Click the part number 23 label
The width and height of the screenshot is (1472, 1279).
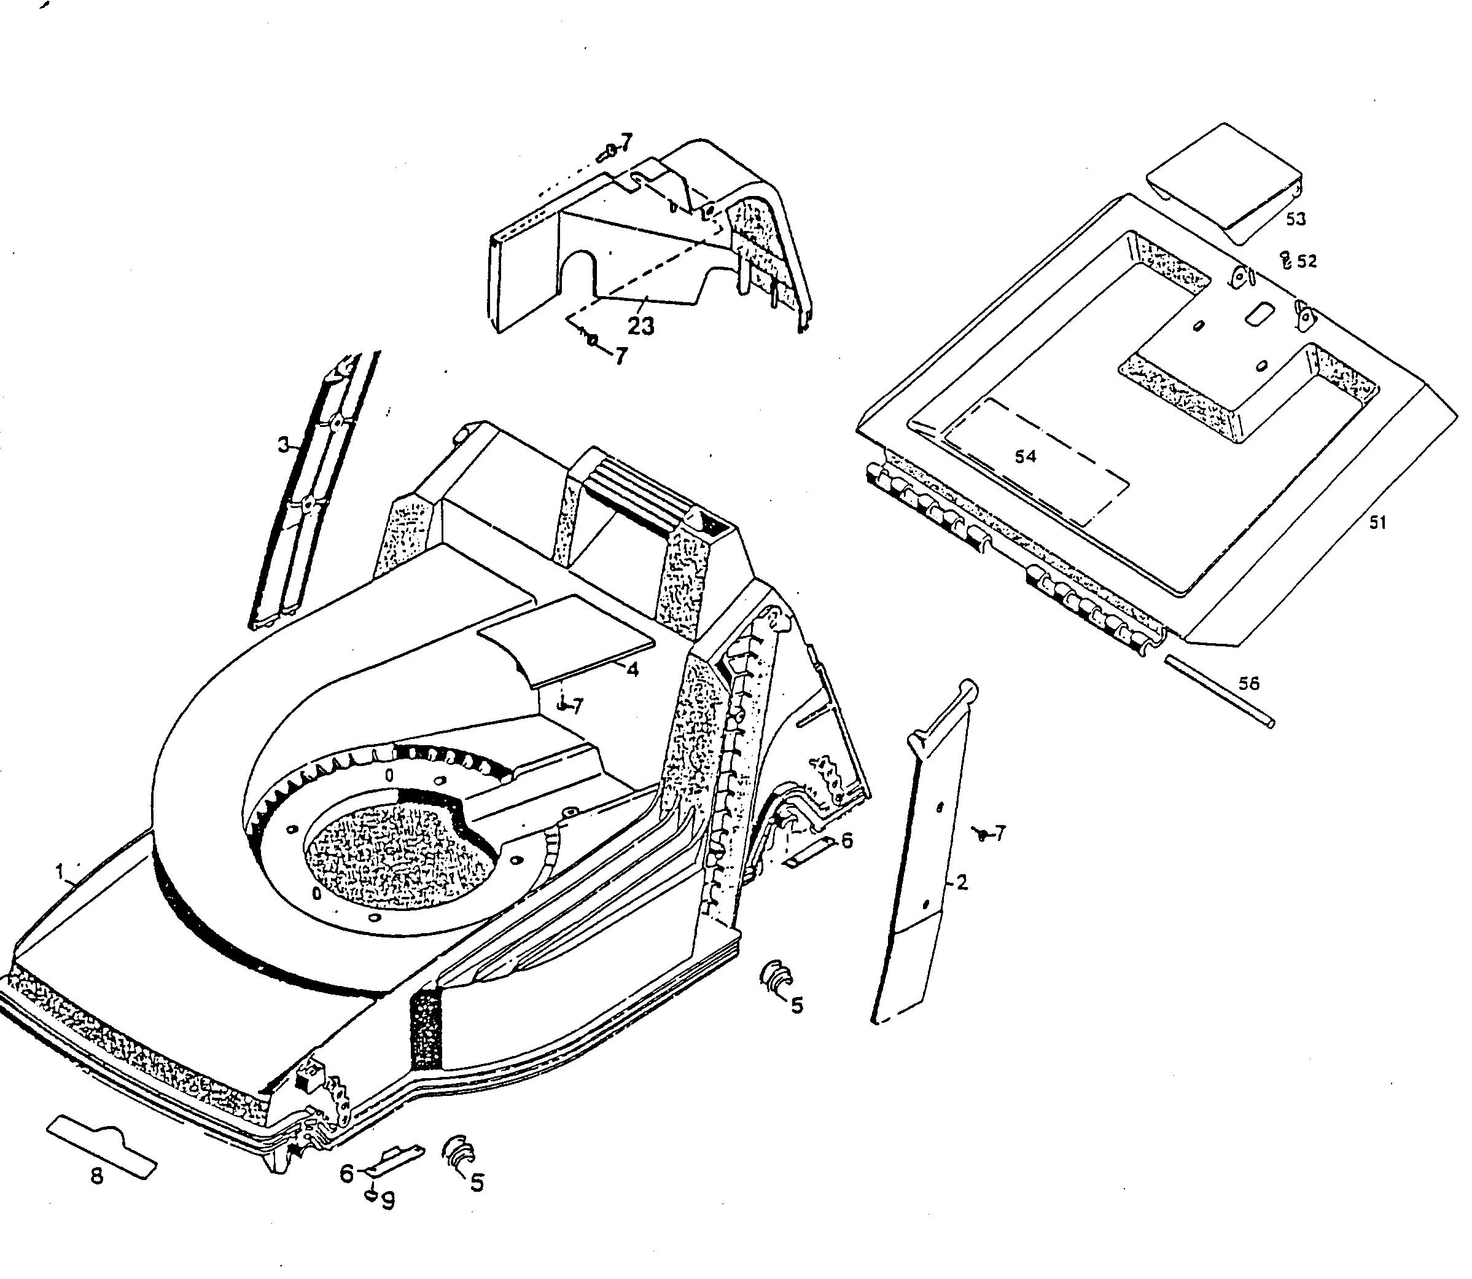click(x=640, y=326)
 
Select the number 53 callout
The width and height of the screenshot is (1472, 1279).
click(x=1296, y=219)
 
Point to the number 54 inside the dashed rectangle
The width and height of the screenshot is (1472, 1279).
click(x=1026, y=457)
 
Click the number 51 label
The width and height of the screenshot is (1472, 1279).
click(x=1377, y=523)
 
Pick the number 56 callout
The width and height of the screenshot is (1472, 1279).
click(x=1248, y=684)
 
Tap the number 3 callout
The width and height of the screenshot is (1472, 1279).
click(x=283, y=446)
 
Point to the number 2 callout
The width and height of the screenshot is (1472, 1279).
click(x=962, y=883)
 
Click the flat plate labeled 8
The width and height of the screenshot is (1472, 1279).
click(x=101, y=1151)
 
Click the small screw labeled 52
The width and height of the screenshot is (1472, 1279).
click(x=1286, y=260)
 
